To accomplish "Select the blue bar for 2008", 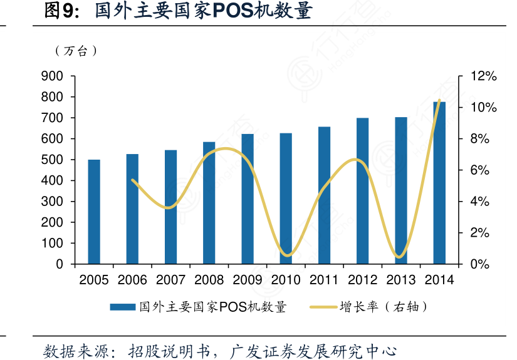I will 209,203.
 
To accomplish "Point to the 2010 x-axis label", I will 286,280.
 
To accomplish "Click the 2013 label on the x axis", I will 401,280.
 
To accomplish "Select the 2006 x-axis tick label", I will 132,280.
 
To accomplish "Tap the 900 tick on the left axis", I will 53,76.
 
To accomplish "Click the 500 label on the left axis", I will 53,160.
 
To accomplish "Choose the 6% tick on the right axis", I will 481,170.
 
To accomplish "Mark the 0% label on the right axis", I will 481,264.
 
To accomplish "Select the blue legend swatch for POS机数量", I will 123,307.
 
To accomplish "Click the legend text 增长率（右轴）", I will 384,307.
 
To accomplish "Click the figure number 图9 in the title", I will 60,11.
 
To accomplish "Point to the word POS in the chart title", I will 232,11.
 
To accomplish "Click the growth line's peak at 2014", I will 439,100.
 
